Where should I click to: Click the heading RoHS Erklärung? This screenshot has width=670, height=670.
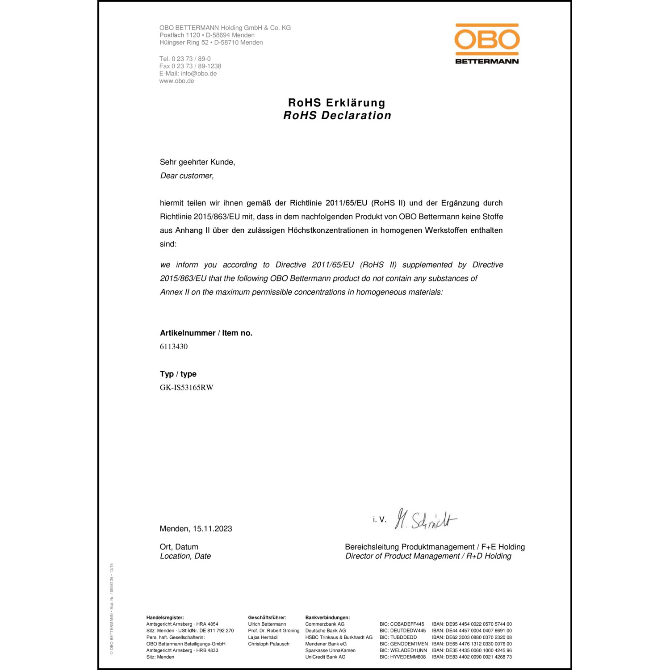coord(337,103)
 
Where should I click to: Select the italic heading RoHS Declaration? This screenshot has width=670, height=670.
coord(337,116)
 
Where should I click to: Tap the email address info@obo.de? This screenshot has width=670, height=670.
coord(199,74)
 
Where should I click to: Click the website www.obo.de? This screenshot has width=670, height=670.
coord(177,81)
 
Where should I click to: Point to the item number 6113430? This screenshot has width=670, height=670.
coord(174,347)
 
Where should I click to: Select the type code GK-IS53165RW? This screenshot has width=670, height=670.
coord(187,388)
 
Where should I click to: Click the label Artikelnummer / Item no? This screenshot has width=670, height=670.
coord(206,333)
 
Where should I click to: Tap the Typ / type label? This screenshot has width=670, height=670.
coord(178,374)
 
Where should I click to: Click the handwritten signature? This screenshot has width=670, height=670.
coord(425,519)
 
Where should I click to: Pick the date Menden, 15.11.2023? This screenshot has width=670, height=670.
coord(196,529)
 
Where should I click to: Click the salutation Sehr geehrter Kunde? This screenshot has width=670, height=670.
coord(197,162)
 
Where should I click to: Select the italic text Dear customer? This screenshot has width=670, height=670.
coord(187,176)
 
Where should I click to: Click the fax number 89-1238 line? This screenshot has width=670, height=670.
coord(190,66)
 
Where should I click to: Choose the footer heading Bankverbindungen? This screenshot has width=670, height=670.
coord(327,618)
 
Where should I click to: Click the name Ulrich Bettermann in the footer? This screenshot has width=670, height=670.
coord(267,624)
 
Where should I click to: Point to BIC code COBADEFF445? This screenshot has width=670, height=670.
coord(402,624)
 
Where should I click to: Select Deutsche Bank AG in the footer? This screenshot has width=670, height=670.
coord(326,631)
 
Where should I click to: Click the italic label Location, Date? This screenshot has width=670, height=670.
coord(185,556)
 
